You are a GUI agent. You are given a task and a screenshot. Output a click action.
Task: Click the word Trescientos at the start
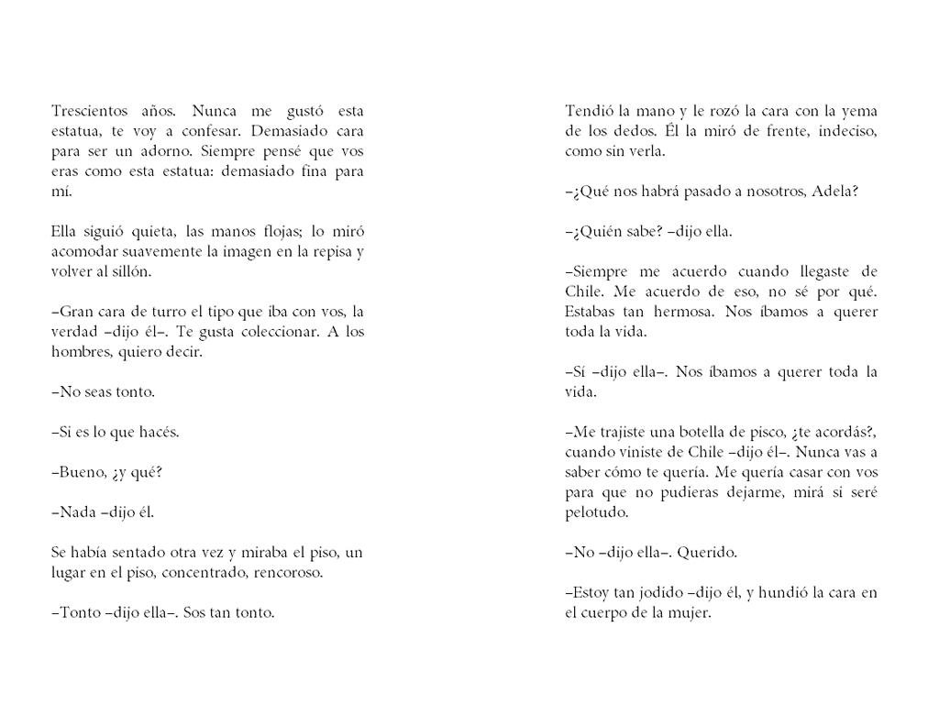pyautogui.click(x=89, y=111)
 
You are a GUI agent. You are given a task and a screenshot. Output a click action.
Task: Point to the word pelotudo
pyautogui.click(x=597, y=512)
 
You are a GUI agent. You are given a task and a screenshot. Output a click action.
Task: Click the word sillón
pyautogui.click(x=132, y=271)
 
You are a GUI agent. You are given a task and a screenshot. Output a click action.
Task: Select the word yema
pyautogui.click(x=861, y=111)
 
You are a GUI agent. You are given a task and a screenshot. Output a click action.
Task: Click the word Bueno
pyautogui.click(x=81, y=472)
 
